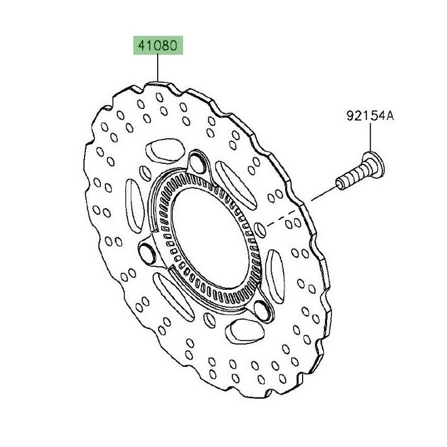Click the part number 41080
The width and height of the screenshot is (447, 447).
(156, 46)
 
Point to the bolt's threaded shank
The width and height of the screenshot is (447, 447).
(349, 177)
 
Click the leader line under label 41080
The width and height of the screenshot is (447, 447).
(156, 68)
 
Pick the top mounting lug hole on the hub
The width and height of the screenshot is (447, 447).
(198, 161)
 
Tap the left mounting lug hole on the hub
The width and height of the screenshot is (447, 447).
(146, 253)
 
